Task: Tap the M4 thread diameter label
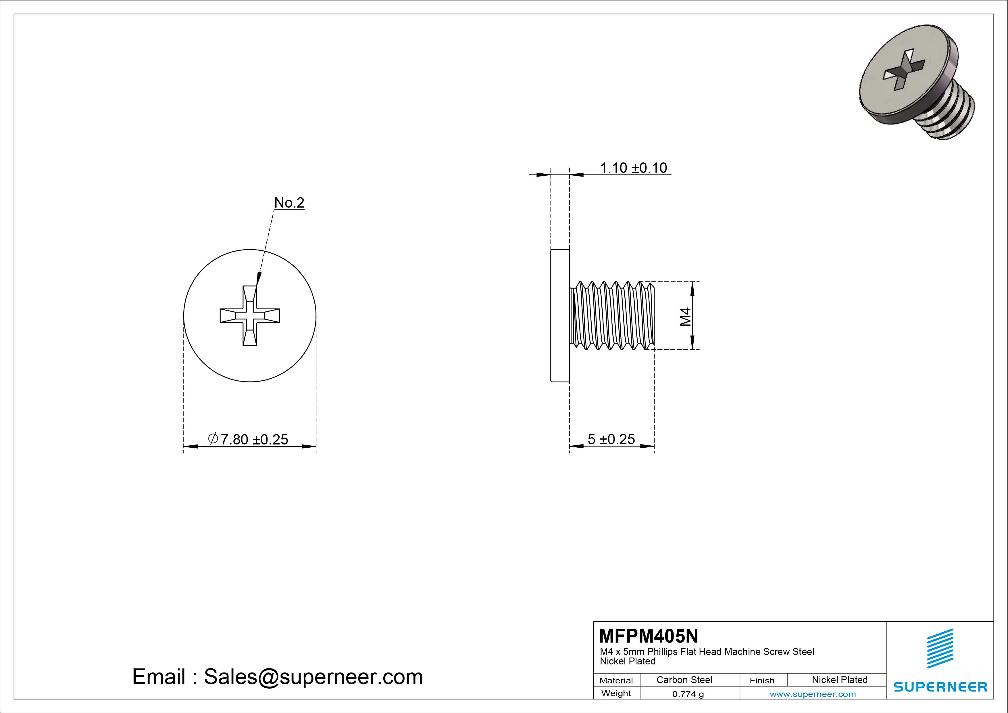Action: click(685, 316)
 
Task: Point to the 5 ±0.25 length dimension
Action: click(611, 439)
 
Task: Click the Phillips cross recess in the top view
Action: click(250, 315)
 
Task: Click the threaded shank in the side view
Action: click(612, 315)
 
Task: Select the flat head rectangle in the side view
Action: click(560, 315)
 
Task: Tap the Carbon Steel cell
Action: click(684, 680)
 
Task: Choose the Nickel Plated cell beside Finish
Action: click(839, 680)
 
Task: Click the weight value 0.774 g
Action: click(688, 694)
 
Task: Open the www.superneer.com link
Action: click(813, 694)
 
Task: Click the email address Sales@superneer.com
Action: click(313, 676)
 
